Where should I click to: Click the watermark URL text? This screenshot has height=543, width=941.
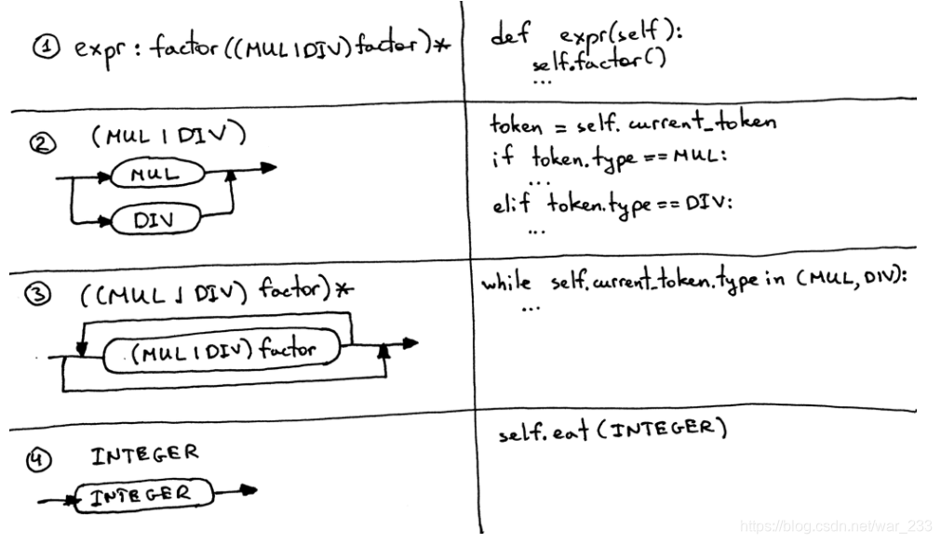835,525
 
